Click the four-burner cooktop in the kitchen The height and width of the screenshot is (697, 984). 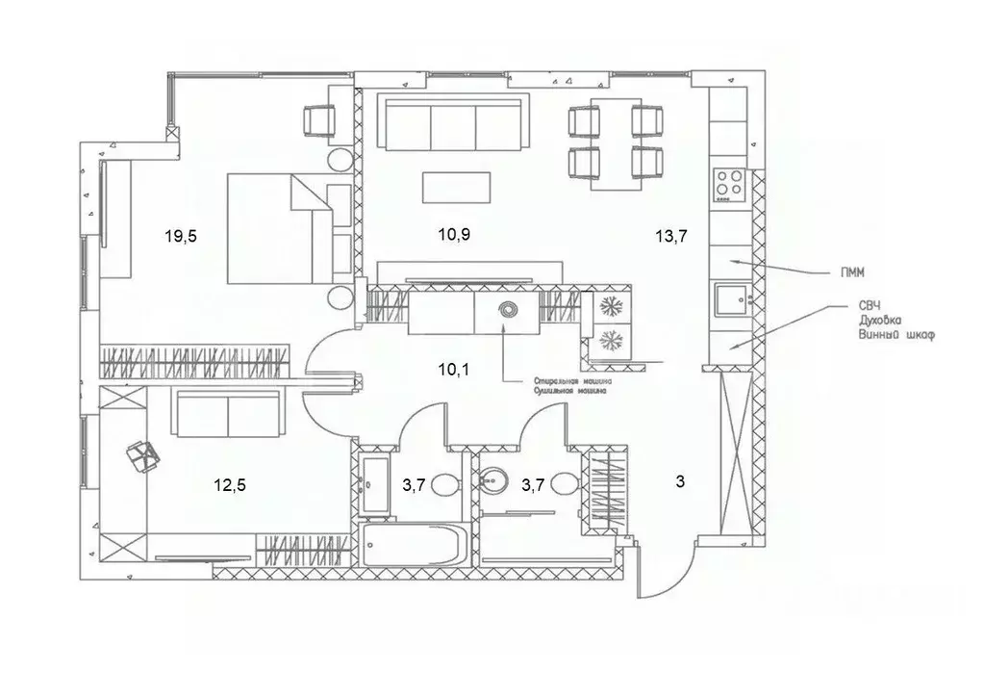pos(727,183)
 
